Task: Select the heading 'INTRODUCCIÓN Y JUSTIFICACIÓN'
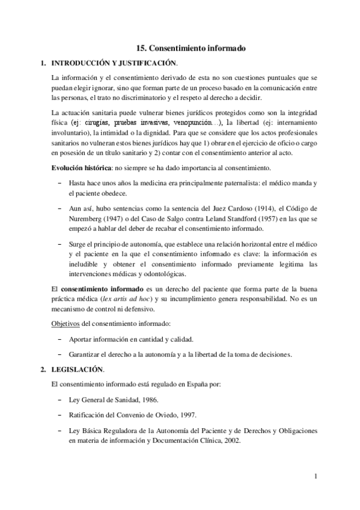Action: click(x=115, y=63)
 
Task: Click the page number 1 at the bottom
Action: click(x=315, y=478)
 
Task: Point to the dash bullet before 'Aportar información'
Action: click(x=59, y=339)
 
